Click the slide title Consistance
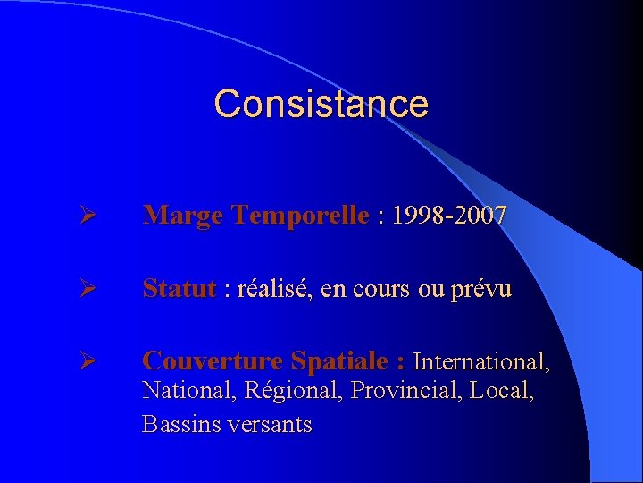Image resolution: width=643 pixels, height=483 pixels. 321,104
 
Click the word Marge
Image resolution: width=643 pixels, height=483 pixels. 182,216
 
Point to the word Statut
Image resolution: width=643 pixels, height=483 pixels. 179,289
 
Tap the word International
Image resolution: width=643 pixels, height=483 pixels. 481,361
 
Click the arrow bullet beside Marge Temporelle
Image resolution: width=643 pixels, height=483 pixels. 86,216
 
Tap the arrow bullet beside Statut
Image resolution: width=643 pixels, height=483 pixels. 86,290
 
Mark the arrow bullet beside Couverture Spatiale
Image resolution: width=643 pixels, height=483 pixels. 86,362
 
